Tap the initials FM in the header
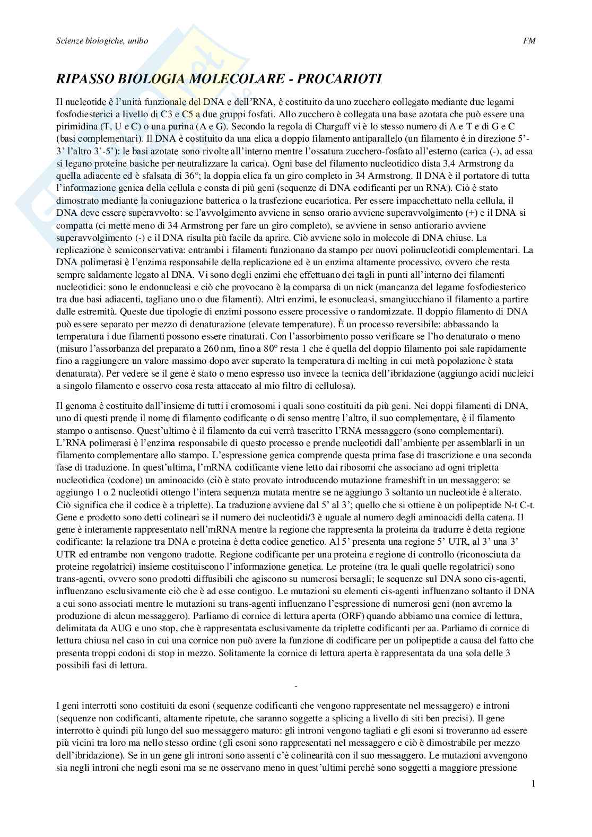click(529, 41)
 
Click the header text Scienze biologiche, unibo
click(102, 41)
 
